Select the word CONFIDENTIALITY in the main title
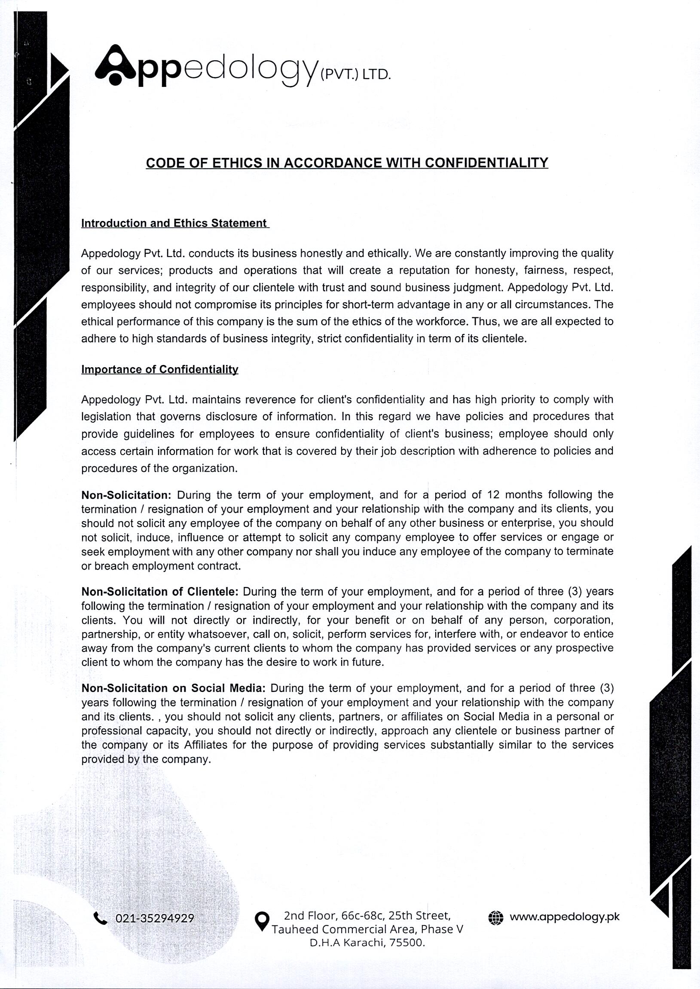tap(486, 163)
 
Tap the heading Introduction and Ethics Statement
tap(174, 223)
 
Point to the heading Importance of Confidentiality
tap(159, 369)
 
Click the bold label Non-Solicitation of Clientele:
tap(160, 591)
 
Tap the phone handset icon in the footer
tap(100, 918)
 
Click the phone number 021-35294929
tap(155, 918)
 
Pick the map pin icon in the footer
tap(262, 921)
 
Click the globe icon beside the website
tap(495, 917)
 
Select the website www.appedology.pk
tap(564, 916)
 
